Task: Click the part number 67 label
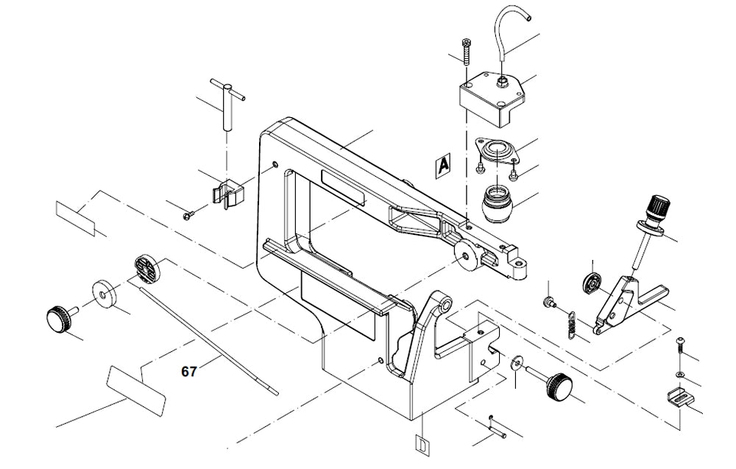[x=189, y=372]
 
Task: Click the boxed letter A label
[x=442, y=166]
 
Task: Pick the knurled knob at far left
[x=58, y=319]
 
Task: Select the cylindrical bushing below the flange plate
[x=499, y=201]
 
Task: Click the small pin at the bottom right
[x=498, y=426]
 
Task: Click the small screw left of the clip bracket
[x=188, y=214]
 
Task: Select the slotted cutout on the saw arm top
[x=343, y=190]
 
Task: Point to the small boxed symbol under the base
[x=422, y=445]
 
